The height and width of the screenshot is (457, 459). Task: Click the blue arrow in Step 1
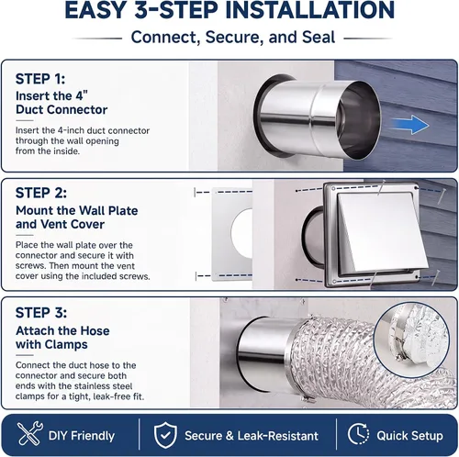click(410, 125)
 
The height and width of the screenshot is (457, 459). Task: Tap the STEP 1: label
click(40, 79)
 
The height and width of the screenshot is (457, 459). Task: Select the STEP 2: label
click(41, 193)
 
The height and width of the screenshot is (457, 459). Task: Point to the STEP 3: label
click(41, 313)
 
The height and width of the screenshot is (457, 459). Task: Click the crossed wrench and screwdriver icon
click(29, 433)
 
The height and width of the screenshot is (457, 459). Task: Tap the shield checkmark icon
click(165, 435)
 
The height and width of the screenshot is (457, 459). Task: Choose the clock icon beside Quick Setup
click(358, 434)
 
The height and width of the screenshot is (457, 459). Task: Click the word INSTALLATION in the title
click(309, 10)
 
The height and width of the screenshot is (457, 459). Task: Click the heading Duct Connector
click(62, 109)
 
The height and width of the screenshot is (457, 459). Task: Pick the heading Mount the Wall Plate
click(77, 210)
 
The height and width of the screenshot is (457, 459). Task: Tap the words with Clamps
click(51, 344)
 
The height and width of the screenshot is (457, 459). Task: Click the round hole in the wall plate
click(241, 229)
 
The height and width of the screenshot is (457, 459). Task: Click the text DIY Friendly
click(82, 436)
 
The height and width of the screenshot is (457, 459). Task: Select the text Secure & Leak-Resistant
click(252, 436)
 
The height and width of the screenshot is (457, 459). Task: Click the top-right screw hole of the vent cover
click(415, 187)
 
